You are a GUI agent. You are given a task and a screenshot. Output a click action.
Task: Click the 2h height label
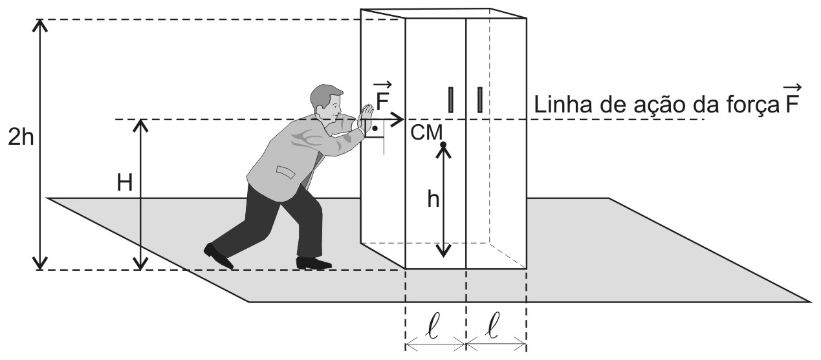point(21,138)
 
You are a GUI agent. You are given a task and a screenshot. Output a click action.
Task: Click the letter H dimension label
point(124,183)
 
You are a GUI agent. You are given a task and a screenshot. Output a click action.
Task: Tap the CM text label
point(426,132)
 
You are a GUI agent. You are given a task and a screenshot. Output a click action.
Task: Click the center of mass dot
point(443,145)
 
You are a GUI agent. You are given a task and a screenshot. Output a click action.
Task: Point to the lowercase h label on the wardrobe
point(433,200)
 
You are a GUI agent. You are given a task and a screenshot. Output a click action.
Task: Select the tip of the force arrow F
point(404,120)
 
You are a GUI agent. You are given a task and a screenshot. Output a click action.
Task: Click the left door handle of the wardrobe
point(451,100)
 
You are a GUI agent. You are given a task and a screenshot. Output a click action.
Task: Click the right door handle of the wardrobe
point(480,100)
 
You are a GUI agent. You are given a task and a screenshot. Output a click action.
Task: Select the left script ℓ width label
point(433,325)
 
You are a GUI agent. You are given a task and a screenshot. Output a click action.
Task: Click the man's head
point(326,102)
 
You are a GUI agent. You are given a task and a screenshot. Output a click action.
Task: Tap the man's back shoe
point(218,256)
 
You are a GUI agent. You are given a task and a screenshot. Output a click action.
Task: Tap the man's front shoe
point(314,262)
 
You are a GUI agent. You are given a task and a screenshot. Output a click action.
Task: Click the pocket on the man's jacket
point(285,172)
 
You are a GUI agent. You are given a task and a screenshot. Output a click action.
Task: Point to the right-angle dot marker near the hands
point(375,129)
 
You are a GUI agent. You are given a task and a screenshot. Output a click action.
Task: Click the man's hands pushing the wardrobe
point(365,116)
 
